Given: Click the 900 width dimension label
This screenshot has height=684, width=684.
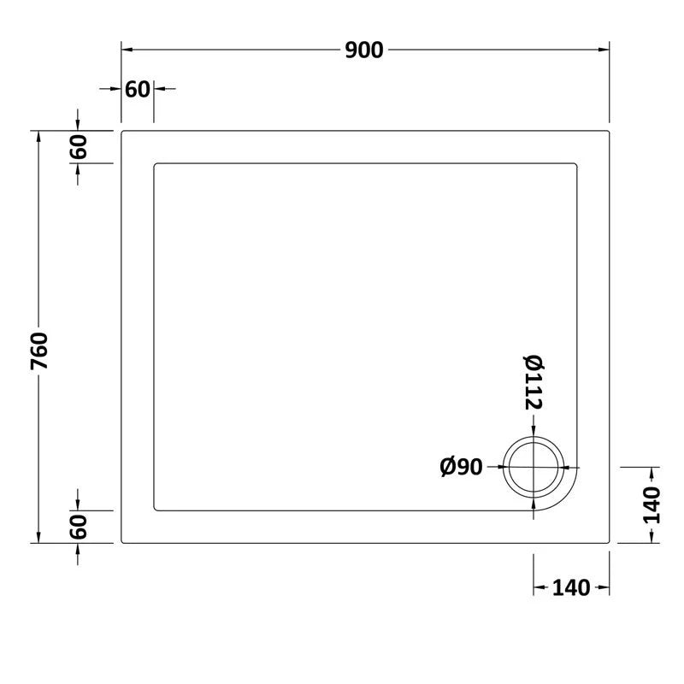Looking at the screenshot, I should tap(364, 50).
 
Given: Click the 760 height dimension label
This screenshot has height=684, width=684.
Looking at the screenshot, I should tap(40, 351).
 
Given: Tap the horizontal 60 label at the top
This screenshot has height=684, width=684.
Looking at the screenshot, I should tap(138, 89).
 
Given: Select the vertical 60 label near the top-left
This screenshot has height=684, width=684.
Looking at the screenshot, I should tap(79, 147).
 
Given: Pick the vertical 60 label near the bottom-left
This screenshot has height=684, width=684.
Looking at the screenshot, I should tap(79, 527).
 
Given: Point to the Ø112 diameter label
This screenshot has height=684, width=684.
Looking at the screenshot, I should tap(534, 381).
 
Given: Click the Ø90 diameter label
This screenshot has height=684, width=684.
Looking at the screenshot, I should tap(462, 467).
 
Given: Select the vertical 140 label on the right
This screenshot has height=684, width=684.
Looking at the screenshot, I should tap(652, 504).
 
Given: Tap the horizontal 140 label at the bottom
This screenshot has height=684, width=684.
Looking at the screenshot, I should tap(571, 588).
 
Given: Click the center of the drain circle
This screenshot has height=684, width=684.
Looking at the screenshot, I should tap(534, 468).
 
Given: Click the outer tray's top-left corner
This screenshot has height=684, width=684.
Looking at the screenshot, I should tap(122, 132).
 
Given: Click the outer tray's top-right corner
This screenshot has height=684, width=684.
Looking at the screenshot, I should tap(608, 132).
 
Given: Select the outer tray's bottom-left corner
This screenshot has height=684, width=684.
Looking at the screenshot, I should tap(122, 542).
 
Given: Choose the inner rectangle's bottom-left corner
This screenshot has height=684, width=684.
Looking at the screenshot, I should tap(155, 510).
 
